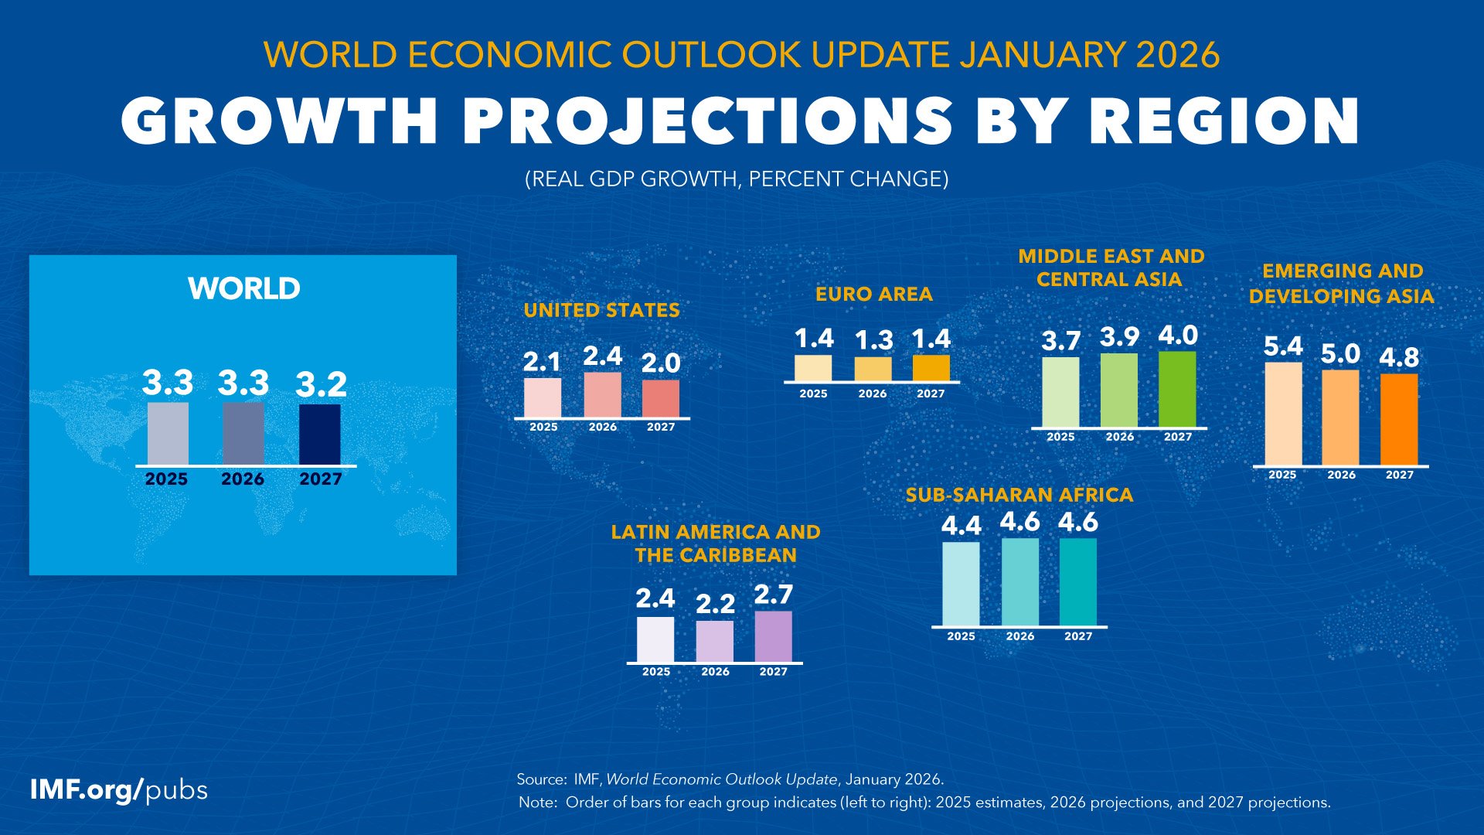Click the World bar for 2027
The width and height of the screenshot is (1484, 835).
tap(319, 435)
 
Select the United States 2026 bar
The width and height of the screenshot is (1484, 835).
tap(602, 395)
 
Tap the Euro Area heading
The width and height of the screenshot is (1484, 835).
tap(873, 295)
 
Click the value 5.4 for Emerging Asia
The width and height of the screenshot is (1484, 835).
tap(1282, 346)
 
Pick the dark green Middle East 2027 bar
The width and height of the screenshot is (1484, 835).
tap(1177, 389)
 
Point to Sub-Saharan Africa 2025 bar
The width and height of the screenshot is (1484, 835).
tap(961, 584)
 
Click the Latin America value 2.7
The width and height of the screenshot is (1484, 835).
tap(773, 595)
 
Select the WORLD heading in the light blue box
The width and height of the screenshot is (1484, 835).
tap(243, 288)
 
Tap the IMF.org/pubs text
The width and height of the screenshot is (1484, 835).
tap(119, 790)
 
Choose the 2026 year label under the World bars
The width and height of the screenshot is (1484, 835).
tap(243, 479)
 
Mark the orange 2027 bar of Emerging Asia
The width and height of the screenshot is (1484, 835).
tap(1399, 420)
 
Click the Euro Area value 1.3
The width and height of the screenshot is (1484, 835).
tap(873, 340)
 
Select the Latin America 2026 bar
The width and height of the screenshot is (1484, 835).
tap(714, 642)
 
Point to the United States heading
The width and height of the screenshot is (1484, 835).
tap(601, 311)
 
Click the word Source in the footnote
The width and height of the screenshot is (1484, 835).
tap(540, 779)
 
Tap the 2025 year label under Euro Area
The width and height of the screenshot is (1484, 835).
tap(813, 394)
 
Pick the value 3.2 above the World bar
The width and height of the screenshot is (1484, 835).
tap(321, 384)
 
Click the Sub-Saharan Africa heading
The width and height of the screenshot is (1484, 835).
tap(1019, 495)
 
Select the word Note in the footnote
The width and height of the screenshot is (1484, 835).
tap(536, 803)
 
